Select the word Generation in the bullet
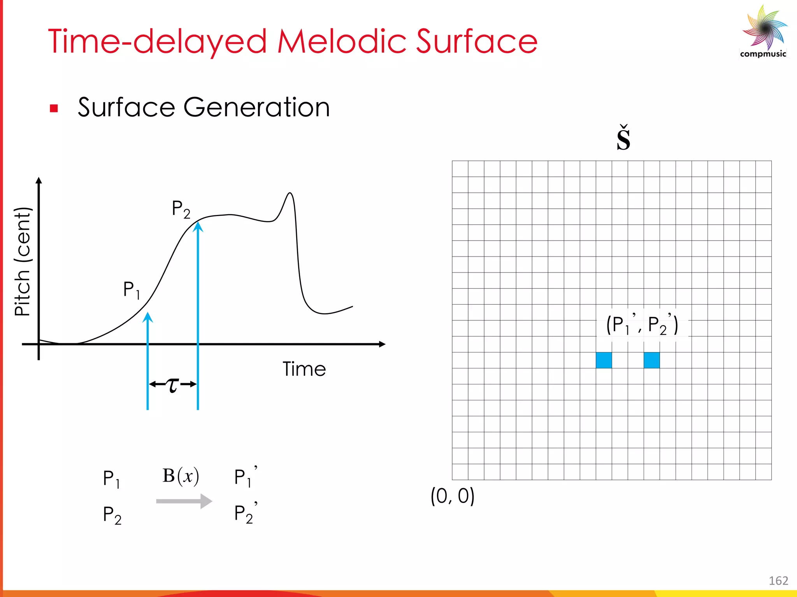click(256, 107)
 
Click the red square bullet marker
click(54, 108)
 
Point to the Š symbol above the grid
click(623, 138)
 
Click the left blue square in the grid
click(604, 360)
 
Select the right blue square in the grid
click(651, 360)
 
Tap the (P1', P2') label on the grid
click(642, 325)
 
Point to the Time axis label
click(304, 369)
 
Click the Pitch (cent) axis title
click(23, 262)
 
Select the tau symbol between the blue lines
click(172, 384)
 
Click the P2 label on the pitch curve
click(181, 209)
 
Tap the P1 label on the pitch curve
click(132, 290)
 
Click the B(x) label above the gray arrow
click(181, 476)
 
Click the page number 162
click(778, 581)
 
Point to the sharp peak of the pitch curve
click(290, 193)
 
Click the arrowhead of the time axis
click(382, 344)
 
